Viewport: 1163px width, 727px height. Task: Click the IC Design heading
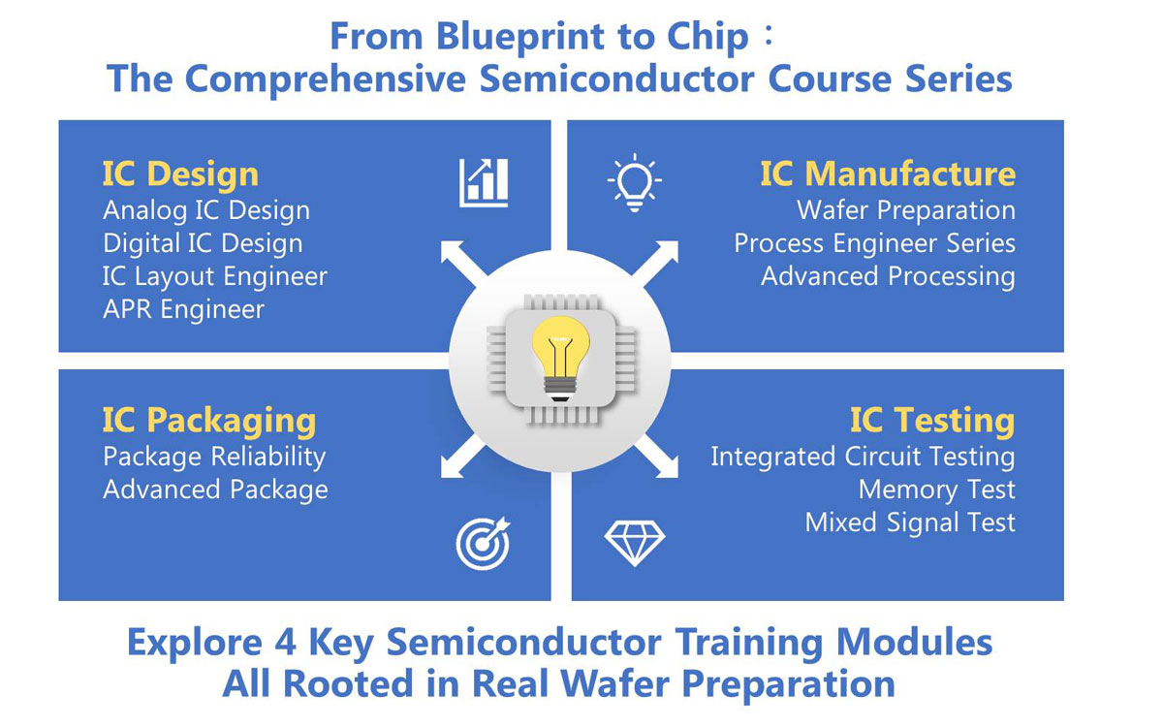(x=180, y=174)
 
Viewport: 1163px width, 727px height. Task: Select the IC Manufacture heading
(x=888, y=174)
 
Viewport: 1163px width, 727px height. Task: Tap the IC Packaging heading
(x=209, y=421)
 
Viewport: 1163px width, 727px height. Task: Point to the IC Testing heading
(x=932, y=421)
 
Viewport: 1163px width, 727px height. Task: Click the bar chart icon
(x=484, y=183)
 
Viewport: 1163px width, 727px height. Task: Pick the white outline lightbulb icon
(x=635, y=183)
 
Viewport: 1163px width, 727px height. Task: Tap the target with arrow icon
(x=484, y=543)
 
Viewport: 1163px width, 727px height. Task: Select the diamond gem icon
(x=635, y=543)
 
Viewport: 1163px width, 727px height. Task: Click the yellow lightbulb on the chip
(x=560, y=359)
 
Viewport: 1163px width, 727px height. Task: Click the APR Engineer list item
(x=184, y=309)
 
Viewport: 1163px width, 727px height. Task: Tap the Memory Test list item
(x=936, y=490)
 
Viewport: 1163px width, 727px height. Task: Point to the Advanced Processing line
(x=888, y=276)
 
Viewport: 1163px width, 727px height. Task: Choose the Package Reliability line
(x=214, y=457)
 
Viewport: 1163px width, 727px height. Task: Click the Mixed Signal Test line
(x=910, y=522)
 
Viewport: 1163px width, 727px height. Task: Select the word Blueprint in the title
(x=519, y=38)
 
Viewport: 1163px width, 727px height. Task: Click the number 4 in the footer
(x=285, y=643)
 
